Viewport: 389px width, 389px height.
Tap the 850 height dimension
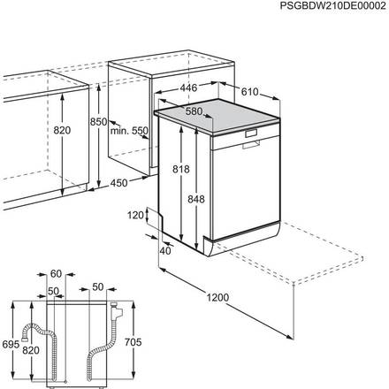(98, 121)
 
